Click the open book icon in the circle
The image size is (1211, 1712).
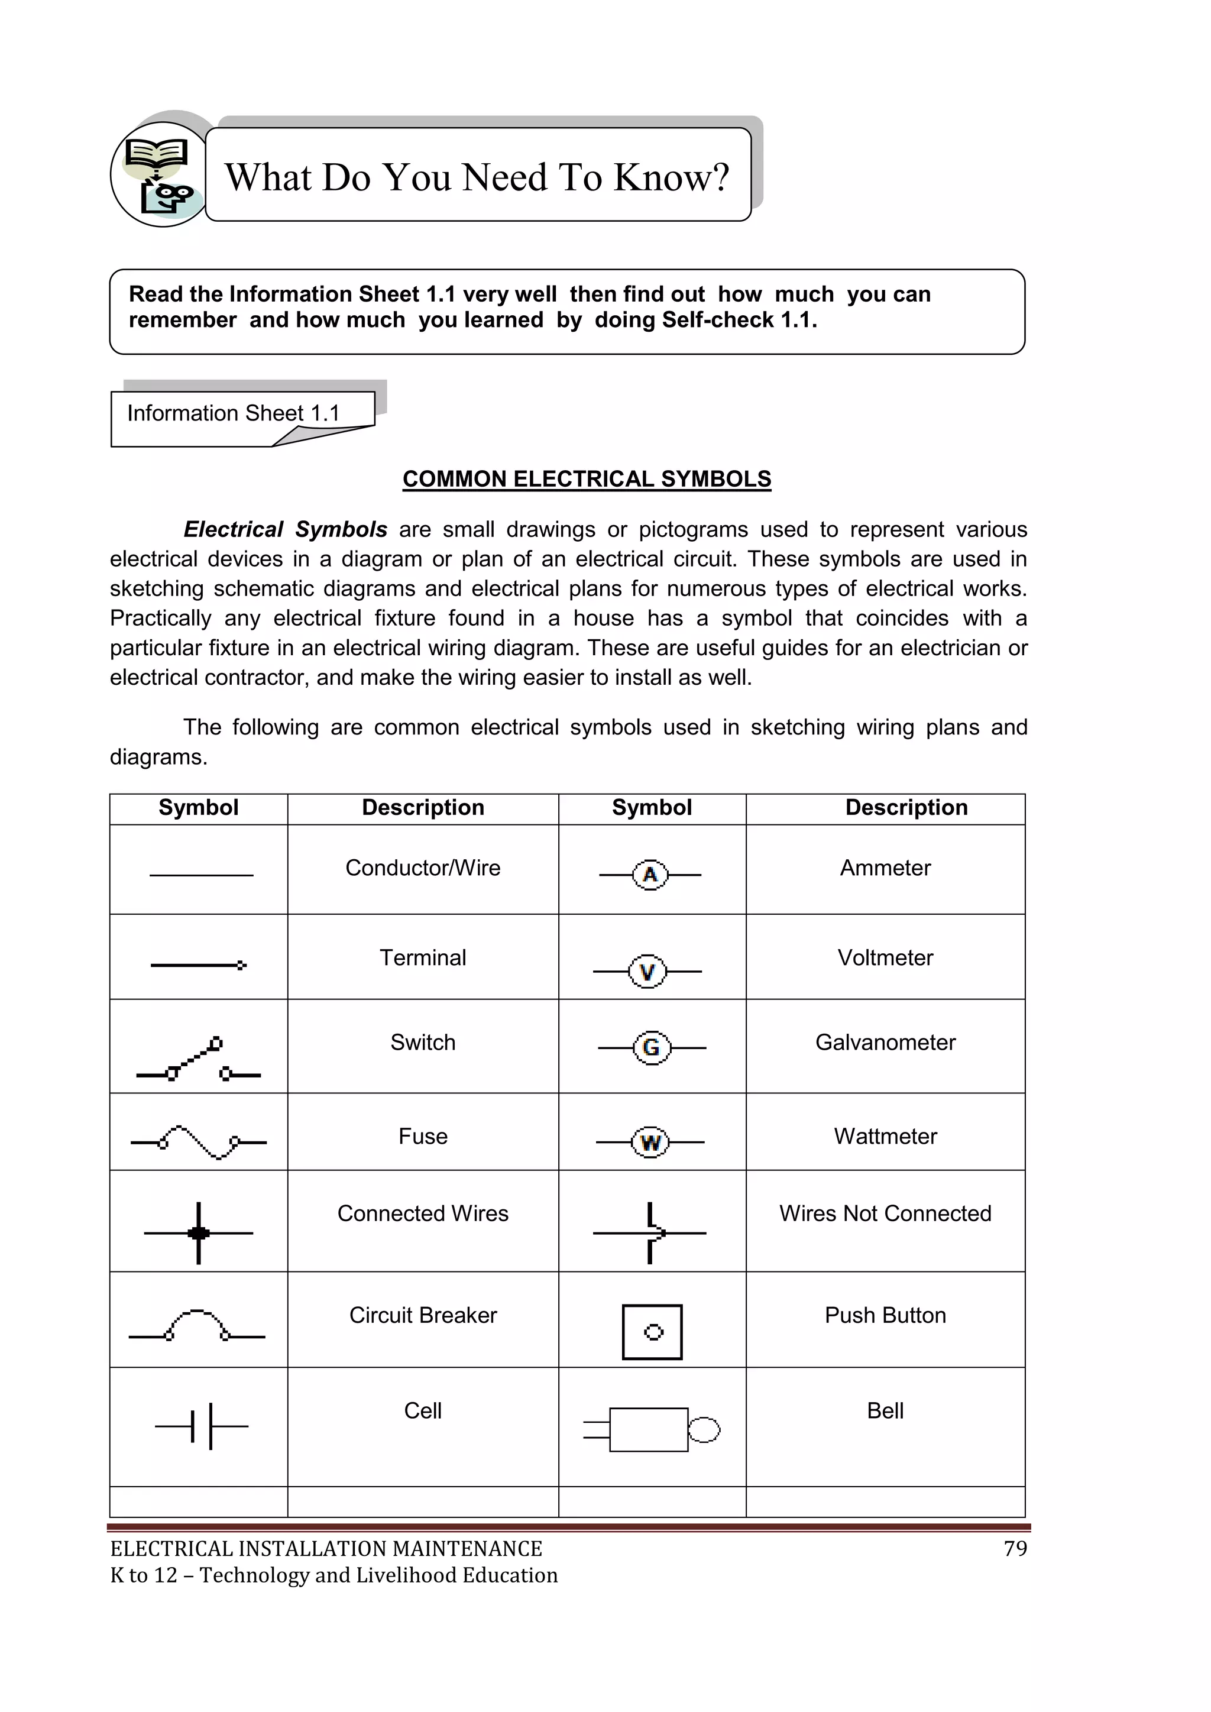click(x=156, y=154)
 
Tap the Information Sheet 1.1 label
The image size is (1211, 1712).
click(x=234, y=413)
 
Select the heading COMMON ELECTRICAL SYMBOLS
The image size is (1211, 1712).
click(x=587, y=478)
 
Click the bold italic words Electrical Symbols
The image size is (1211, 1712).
click(x=286, y=529)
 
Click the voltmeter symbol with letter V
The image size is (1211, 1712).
click(x=647, y=972)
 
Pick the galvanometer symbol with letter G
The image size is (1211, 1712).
click(x=651, y=1048)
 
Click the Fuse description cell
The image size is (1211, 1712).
click(x=423, y=1137)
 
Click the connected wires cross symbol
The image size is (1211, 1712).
click(x=198, y=1234)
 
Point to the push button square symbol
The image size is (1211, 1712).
click(x=652, y=1332)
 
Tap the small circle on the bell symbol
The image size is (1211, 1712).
click(x=704, y=1429)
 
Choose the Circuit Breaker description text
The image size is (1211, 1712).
click(x=423, y=1315)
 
